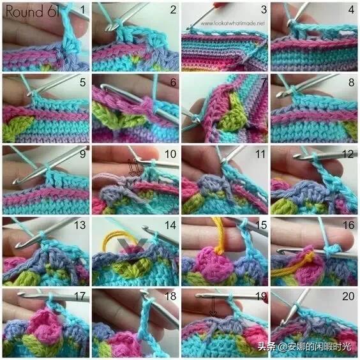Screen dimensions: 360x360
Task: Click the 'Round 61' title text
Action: [33, 11]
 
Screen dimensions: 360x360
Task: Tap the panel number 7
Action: [264, 82]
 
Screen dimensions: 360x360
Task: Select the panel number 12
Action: [348, 154]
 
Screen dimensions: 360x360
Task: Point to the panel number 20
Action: [349, 296]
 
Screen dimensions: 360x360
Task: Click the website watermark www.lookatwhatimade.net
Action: [232, 23]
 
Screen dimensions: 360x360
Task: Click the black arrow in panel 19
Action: [213, 306]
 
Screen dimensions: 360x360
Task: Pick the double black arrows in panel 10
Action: [133, 168]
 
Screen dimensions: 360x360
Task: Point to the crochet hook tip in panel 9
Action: [15, 182]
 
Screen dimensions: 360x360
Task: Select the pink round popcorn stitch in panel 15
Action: [213, 263]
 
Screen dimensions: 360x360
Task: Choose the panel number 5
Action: [82, 82]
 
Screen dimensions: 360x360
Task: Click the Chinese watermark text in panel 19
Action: [304, 347]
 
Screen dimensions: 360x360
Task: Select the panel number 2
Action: [173, 10]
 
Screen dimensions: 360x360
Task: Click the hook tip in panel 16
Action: [280, 251]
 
